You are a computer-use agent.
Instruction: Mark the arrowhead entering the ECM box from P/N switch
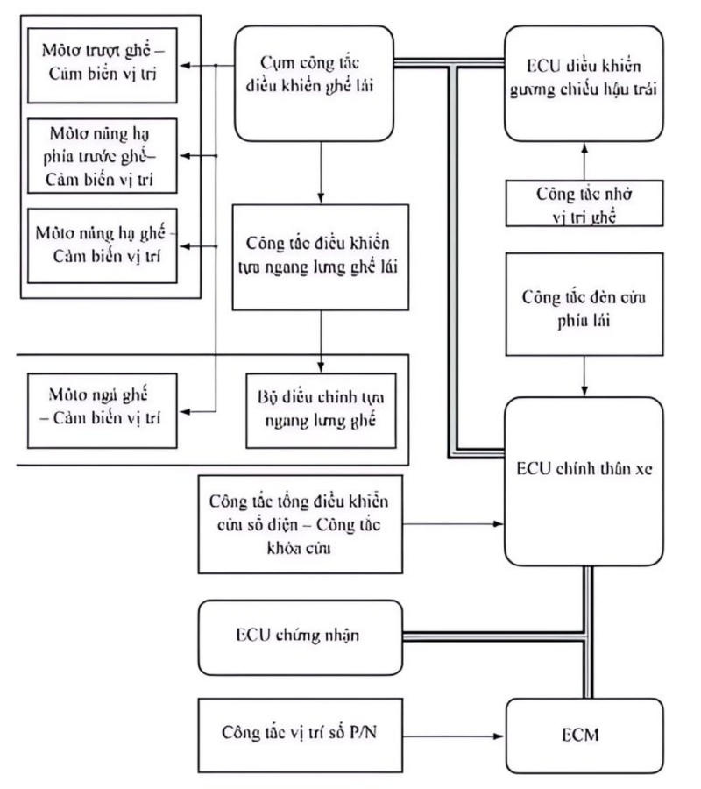502,730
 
